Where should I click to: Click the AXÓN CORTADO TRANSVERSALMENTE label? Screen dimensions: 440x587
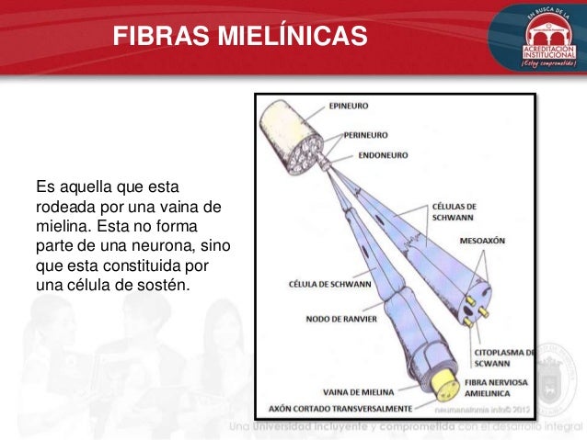tap(338, 404)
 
